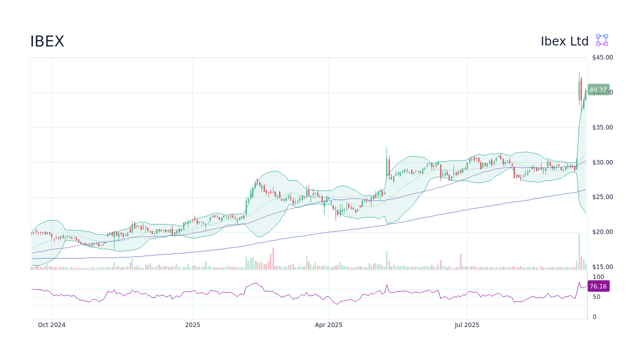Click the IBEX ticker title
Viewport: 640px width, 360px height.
pos(47,41)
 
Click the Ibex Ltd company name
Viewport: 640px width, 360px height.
pos(564,41)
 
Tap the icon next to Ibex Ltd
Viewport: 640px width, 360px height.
pos(601,40)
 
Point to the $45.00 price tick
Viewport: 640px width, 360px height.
pos(602,57)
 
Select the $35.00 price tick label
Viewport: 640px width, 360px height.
pos(602,127)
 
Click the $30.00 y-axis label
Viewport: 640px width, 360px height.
pos(602,162)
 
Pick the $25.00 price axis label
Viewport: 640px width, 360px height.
pos(602,197)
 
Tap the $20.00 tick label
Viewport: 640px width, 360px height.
pos(602,232)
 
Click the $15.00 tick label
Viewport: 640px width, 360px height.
pos(602,267)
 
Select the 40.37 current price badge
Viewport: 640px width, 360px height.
pos(598,90)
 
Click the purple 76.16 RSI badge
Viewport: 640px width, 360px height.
pos(598,286)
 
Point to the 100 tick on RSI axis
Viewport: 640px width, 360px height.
pos(598,277)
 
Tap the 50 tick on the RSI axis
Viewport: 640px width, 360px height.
pos(596,297)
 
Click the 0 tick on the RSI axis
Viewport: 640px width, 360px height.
pos(594,317)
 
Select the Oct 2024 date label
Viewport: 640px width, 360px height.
pos(51,325)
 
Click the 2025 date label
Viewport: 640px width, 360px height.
pos(192,325)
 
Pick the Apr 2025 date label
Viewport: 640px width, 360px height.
pos(328,325)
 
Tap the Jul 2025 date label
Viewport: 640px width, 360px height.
pos(467,325)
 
